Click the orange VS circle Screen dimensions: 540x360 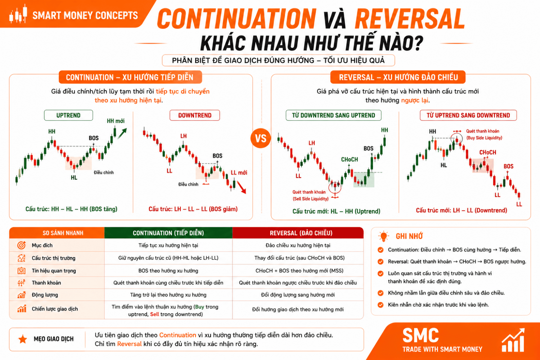pyautogui.click(x=261, y=138)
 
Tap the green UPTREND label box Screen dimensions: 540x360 pyautogui.click(x=68, y=115)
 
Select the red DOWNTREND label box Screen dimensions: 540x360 pyautogui.click(x=195, y=115)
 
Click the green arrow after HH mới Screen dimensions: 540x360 pyautogui.click(x=122, y=134)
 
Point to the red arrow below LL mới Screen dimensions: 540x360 pyautogui.click(x=241, y=187)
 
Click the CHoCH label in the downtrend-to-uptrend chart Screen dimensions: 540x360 pyautogui.click(x=350, y=159)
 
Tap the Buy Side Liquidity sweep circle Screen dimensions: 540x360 pyautogui.click(x=457, y=138)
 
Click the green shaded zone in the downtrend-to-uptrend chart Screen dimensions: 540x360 pyautogui.click(x=364, y=180)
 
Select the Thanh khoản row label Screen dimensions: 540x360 pyautogui.click(x=46, y=283)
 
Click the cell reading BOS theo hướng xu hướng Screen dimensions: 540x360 pyautogui.click(x=168, y=271)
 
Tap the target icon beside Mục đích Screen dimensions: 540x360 pyautogui.click(x=22, y=245)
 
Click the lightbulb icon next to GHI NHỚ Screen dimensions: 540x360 pyautogui.click(x=383, y=236)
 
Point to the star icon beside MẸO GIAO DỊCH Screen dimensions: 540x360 pyautogui.click(x=23, y=339)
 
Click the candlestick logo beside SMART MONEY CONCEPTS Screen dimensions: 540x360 pyautogui.click(x=18, y=14)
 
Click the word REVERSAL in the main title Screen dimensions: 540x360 pyautogui.click(x=409, y=19)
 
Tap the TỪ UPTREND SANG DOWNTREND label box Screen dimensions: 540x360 pyautogui.click(x=468, y=115)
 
